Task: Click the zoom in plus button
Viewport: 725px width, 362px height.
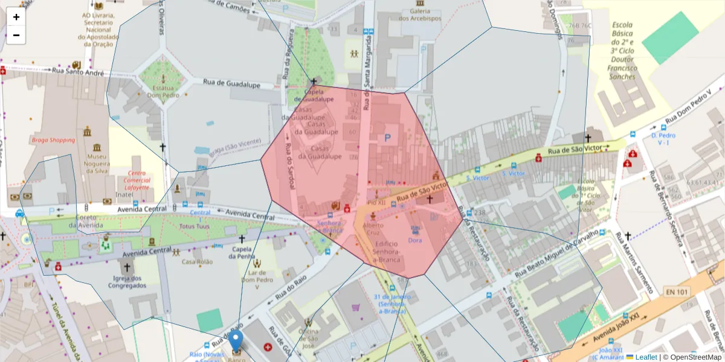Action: coord(16,17)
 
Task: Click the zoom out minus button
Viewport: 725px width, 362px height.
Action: coord(16,35)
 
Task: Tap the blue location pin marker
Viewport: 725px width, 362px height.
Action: coord(236,341)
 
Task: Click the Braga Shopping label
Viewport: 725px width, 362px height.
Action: coord(53,140)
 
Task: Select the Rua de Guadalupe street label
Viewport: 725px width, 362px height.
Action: coord(231,83)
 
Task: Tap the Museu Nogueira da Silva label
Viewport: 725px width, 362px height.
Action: coord(97,163)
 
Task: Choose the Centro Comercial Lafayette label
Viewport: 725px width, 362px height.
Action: coord(137,180)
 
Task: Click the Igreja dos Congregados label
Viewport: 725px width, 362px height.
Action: coord(127,282)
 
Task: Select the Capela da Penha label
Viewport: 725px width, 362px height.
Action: coord(242,253)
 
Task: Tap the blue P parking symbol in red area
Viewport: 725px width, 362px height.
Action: coord(387,138)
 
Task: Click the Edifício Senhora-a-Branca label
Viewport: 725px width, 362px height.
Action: coord(381,251)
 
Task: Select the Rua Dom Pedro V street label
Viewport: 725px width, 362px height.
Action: coord(694,107)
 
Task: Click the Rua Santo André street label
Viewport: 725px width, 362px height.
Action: coord(79,71)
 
